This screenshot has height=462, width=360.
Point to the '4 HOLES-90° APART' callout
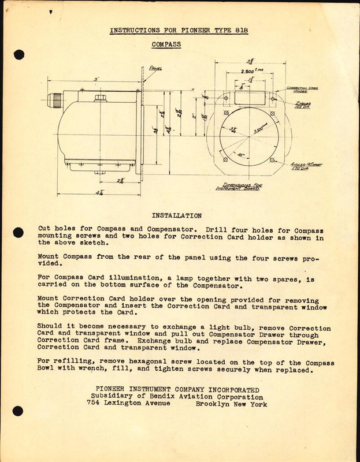click(306, 166)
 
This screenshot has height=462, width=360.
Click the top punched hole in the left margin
click(18, 55)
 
